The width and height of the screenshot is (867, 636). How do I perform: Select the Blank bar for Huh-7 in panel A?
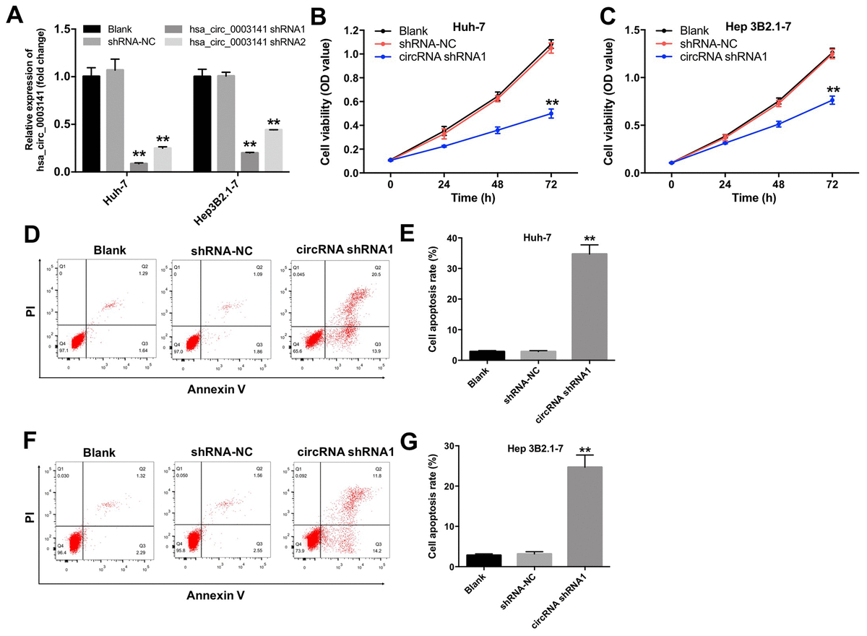point(91,124)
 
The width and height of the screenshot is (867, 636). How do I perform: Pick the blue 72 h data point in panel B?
point(551,113)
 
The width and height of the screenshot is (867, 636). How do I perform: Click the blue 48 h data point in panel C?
point(779,124)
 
